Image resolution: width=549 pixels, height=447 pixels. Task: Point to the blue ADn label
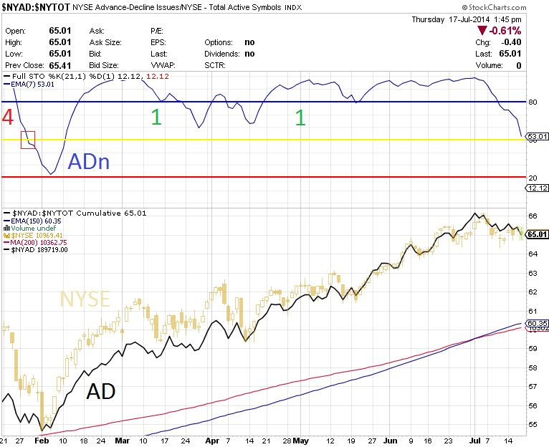tap(89, 162)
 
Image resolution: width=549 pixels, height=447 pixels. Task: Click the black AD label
tap(101, 391)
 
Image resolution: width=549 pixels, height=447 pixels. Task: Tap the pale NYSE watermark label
tap(85, 299)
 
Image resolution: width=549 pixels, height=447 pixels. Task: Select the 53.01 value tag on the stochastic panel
tap(537, 136)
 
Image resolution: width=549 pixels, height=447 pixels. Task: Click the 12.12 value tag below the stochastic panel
tap(537, 188)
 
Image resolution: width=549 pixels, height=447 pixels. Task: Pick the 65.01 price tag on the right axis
tap(537, 234)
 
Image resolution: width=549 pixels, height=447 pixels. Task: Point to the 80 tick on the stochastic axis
tap(532, 102)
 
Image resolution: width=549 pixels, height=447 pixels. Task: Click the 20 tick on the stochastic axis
tap(532, 177)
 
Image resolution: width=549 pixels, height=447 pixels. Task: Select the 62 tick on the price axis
tap(532, 292)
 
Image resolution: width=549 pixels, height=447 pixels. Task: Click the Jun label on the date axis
tap(391, 440)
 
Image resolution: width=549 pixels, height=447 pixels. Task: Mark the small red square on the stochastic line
tap(28, 138)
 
